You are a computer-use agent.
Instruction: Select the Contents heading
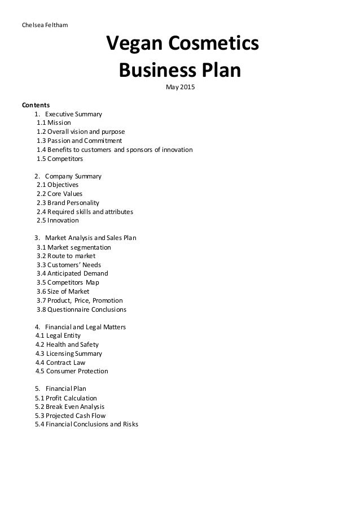[x=36, y=105]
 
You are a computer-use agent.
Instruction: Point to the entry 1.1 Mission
[x=54, y=123]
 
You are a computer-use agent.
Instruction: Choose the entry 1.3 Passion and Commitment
[x=79, y=141]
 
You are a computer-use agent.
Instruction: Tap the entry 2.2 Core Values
[x=59, y=194]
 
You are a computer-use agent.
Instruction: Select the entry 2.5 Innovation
[x=58, y=220]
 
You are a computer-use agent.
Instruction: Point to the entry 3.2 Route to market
[x=66, y=256]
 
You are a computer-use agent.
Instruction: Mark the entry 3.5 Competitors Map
[x=67, y=282]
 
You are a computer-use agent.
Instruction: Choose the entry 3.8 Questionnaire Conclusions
[x=81, y=310]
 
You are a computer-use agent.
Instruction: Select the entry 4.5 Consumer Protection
[x=72, y=371]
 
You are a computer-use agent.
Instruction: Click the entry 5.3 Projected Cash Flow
[x=70, y=416]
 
